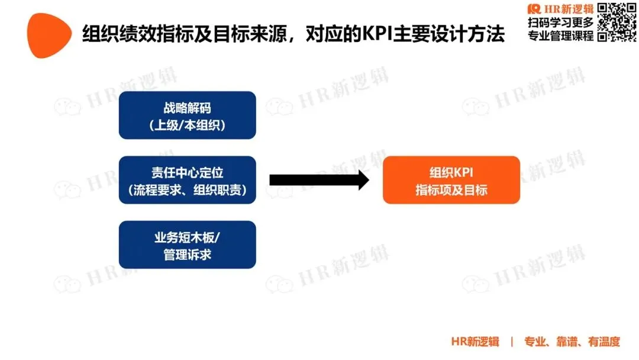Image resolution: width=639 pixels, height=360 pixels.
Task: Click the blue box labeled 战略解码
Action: [187, 115]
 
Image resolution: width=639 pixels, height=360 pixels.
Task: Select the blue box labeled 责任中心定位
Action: [187, 180]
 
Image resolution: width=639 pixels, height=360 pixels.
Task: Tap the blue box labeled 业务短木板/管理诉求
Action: [187, 245]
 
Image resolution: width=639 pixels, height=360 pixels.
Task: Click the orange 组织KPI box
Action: [451, 180]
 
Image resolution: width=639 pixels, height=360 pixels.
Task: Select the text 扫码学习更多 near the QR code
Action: [560, 23]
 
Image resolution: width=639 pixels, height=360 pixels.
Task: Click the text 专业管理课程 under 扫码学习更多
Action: [560, 36]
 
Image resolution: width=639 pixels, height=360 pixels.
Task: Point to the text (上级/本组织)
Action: [187, 125]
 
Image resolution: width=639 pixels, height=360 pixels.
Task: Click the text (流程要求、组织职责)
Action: [187, 190]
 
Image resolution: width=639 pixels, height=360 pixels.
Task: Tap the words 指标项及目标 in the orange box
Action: [451, 190]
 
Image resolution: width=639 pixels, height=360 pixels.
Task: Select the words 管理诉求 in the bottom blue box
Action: [187, 255]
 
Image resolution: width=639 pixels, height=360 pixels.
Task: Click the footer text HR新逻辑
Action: [475, 342]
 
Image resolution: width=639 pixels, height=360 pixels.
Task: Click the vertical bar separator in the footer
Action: [512, 342]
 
